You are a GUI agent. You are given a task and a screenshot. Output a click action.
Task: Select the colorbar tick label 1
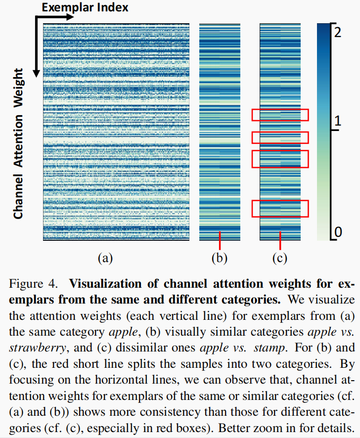point(338,121)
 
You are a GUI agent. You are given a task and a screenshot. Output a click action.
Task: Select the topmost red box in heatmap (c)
point(280,115)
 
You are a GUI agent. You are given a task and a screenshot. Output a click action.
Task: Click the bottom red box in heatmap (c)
point(280,208)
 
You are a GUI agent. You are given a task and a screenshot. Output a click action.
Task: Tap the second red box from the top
point(280,137)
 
